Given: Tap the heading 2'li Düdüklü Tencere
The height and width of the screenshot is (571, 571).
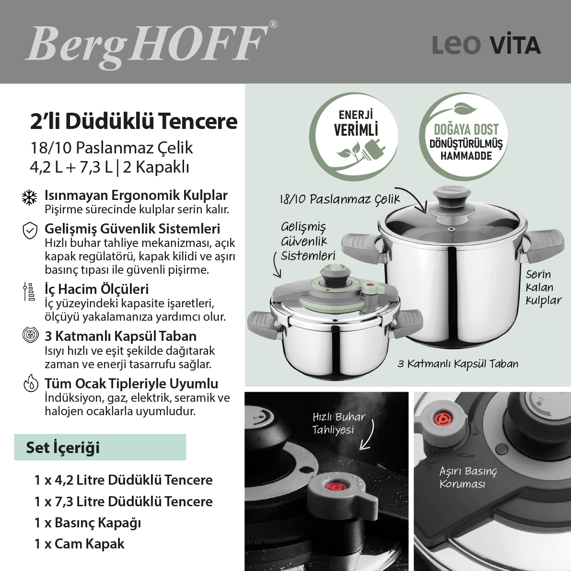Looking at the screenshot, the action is coord(134,121).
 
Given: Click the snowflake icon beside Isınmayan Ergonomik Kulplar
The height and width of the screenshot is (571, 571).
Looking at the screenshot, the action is coord(30,197).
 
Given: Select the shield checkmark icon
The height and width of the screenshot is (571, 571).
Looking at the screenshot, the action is coord(30,231).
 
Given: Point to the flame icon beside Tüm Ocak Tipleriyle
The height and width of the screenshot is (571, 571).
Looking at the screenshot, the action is coord(31,384).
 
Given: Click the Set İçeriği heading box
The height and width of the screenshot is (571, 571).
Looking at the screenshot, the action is coord(100,447).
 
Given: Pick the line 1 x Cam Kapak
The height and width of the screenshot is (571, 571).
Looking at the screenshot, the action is coord(80,544).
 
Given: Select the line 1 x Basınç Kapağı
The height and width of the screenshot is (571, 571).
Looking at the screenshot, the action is coord(88,523).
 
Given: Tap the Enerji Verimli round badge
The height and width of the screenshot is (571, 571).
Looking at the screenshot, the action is coord(354,137).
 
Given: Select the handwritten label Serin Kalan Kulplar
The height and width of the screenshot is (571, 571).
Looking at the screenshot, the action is coord(543,288).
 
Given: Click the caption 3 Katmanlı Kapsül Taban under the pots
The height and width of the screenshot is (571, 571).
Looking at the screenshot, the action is coord(458,364).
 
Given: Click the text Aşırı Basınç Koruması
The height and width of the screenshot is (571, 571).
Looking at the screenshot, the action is coord(467,477).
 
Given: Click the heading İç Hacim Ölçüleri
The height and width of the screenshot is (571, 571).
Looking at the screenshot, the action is coord(96,289).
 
